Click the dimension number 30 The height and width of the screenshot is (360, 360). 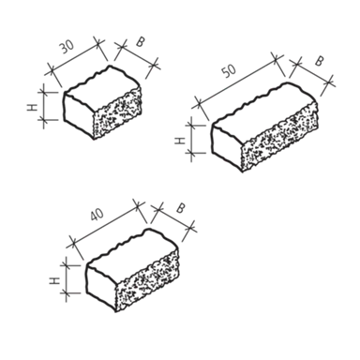67,47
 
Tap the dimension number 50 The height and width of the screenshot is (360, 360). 229,71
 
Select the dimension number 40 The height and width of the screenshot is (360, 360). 97,215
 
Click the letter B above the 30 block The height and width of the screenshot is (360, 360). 141,42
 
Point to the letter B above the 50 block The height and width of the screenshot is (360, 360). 318,61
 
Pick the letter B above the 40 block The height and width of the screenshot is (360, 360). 180,208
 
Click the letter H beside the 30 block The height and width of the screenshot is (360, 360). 32,107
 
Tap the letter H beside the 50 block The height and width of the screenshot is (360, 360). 179,142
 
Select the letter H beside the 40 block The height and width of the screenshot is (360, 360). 54,281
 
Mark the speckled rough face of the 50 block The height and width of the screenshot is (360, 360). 279,136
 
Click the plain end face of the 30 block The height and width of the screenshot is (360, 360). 79,115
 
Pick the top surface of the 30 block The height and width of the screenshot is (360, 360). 102,86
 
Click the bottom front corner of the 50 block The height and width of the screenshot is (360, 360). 242,172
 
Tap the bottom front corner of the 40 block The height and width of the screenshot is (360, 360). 115,312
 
